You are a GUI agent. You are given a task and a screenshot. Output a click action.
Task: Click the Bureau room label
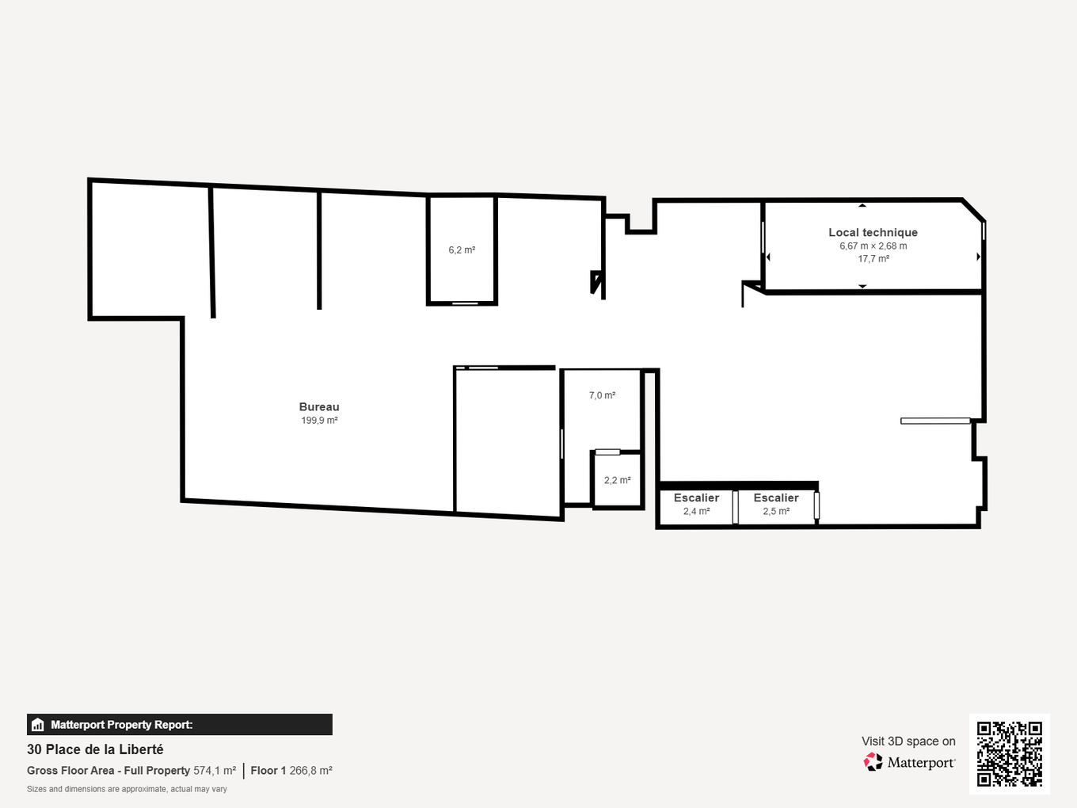click(x=319, y=406)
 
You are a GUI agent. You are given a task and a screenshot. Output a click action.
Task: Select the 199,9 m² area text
click(x=319, y=421)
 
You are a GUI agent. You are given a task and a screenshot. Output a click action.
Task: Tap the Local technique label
click(x=873, y=232)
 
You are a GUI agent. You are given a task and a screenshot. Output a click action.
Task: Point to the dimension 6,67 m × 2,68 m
click(x=873, y=246)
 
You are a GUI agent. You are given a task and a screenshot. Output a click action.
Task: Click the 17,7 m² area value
click(x=873, y=259)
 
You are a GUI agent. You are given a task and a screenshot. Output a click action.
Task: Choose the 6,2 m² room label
click(x=462, y=250)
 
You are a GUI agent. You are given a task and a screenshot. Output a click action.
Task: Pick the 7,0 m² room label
click(x=602, y=395)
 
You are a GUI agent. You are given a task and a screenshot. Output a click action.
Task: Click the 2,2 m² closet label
click(x=617, y=481)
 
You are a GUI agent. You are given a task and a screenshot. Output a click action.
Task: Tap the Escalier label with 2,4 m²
click(x=696, y=498)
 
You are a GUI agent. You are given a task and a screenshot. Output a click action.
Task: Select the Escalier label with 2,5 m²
click(x=776, y=498)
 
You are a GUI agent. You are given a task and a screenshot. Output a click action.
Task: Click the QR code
click(x=1009, y=753)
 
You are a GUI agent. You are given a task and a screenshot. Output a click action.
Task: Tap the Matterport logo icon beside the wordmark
click(x=873, y=762)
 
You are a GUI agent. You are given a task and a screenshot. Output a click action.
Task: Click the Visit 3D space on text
click(x=908, y=741)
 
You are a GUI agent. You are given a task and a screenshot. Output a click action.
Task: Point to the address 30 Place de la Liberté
click(x=95, y=749)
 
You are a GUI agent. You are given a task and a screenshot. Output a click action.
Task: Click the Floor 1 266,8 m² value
click(x=291, y=771)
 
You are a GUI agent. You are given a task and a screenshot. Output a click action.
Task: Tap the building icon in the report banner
click(x=37, y=725)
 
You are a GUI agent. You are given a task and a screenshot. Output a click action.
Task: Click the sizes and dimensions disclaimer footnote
click(x=127, y=789)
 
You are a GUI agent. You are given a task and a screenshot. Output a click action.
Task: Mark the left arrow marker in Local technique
click(x=768, y=257)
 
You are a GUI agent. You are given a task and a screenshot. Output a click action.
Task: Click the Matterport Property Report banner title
click(x=121, y=725)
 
